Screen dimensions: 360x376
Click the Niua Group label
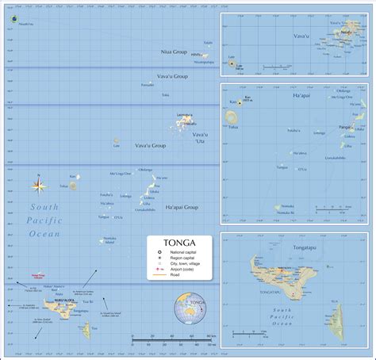pyautogui.click(x=173, y=52)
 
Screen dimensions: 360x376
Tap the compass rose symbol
pyautogui.click(x=39, y=186)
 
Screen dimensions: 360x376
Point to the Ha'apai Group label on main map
pyautogui.click(x=181, y=208)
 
